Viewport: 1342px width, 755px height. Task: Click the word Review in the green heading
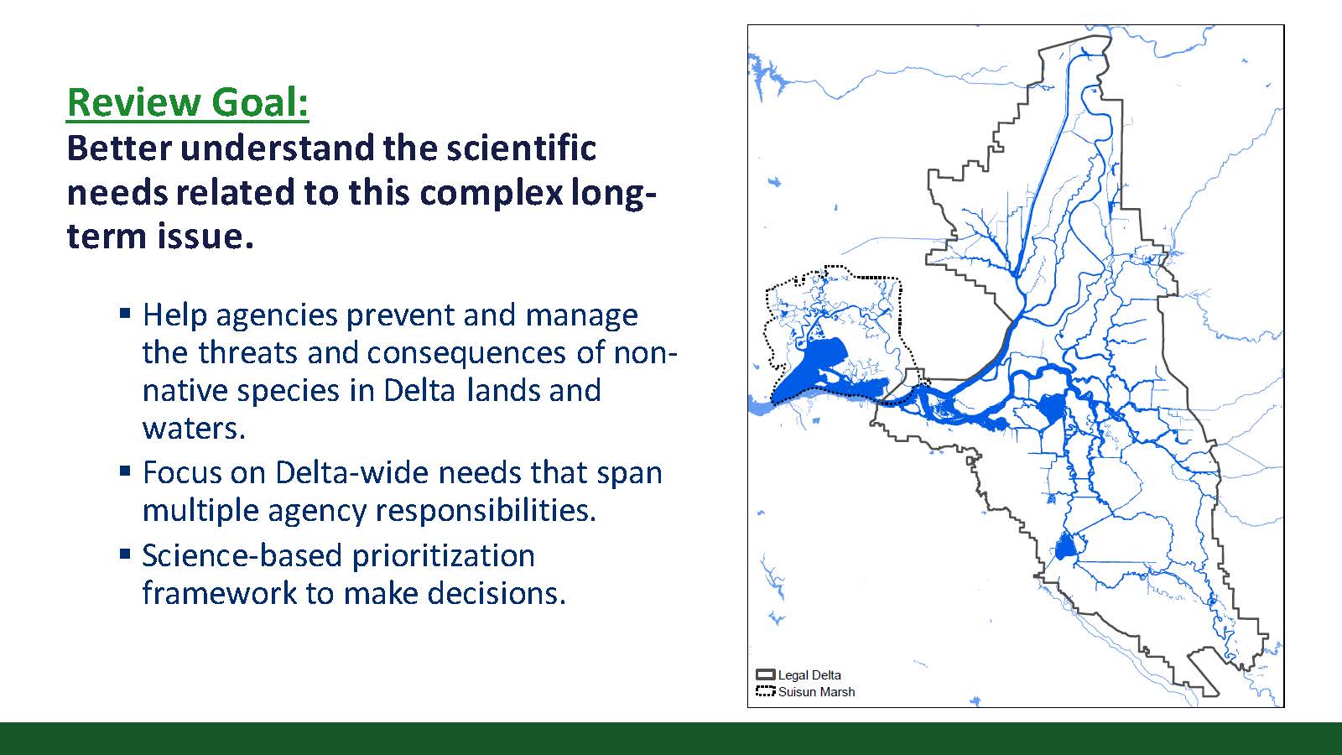click(x=134, y=102)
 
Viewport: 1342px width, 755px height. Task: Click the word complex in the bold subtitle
click(x=492, y=194)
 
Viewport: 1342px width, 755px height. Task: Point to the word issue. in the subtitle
click(x=205, y=236)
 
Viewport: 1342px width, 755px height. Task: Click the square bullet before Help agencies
click(x=125, y=313)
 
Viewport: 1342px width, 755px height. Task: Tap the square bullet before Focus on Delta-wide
click(x=125, y=471)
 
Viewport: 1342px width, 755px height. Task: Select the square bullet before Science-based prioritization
click(x=125, y=554)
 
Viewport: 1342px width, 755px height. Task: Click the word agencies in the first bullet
click(x=277, y=315)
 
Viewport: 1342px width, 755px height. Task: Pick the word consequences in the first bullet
click(x=466, y=353)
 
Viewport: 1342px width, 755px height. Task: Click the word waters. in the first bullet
click(x=194, y=429)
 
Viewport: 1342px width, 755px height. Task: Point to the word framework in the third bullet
click(x=219, y=593)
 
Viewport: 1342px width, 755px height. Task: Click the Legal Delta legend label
click(x=809, y=675)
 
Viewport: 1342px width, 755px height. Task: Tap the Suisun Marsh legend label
click(x=817, y=692)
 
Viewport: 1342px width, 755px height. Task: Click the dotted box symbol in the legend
click(x=766, y=691)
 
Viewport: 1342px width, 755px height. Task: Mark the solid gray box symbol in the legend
click(x=766, y=674)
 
